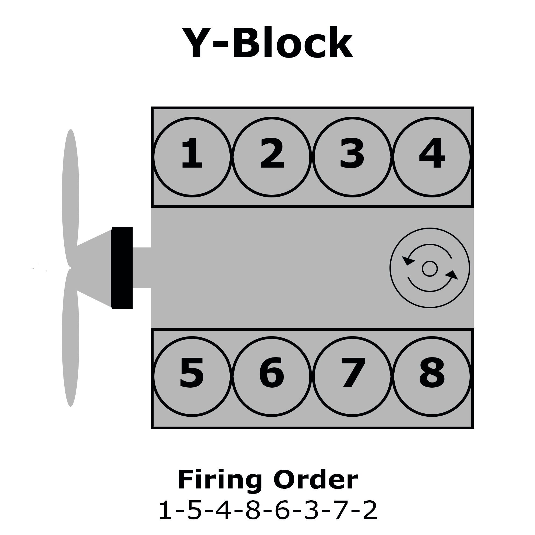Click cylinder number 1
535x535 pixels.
192,157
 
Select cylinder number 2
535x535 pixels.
272,157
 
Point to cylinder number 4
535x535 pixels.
432,157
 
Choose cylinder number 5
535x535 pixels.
192,376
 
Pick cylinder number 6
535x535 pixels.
272,376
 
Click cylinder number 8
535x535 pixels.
432,376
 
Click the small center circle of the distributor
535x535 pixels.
430,268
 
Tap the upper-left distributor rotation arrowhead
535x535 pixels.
408,260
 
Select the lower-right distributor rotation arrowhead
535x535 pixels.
452,275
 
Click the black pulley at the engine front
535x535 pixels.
122,268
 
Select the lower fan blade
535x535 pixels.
71,338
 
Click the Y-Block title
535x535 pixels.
267,43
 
